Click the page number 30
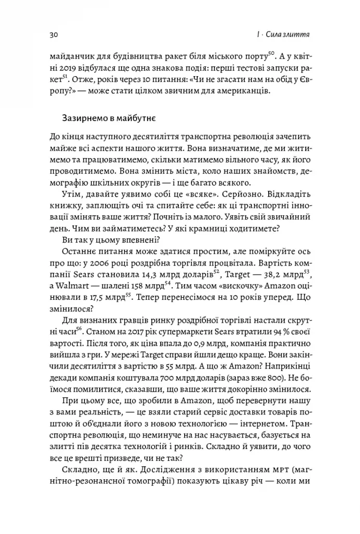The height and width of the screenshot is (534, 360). (54, 35)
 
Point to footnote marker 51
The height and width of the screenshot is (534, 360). (64, 76)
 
